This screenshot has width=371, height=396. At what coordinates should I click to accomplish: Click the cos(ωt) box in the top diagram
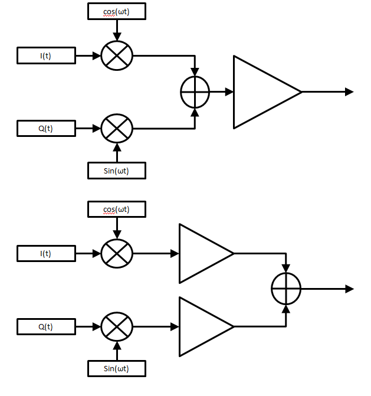point(116,11)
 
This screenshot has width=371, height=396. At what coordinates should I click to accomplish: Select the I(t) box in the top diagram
point(46,56)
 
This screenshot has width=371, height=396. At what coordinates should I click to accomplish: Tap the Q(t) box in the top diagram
point(46,128)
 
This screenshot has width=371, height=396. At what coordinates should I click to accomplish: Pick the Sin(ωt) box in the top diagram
point(116,171)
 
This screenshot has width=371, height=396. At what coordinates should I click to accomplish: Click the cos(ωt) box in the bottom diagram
point(116,209)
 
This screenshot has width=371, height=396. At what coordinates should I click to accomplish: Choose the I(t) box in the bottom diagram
point(46,254)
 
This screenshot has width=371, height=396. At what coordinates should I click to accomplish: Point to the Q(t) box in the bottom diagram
point(46,326)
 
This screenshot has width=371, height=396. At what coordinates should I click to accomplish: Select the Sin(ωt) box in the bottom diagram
point(116,369)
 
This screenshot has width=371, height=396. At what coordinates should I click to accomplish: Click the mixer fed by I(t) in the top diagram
point(117,56)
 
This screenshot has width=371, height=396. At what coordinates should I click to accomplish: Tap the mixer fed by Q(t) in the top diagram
point(117,128)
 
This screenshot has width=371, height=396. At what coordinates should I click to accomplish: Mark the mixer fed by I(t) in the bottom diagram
point(117,254)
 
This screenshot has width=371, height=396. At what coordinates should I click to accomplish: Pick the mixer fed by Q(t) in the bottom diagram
point(117,326)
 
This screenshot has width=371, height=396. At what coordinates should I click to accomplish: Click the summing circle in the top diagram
point(195,92)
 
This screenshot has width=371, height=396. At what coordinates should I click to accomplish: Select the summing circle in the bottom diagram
point(286,289)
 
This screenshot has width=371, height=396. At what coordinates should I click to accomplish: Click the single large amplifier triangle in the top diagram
point(260,92)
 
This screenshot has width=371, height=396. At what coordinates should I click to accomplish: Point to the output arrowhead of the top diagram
point(349,92)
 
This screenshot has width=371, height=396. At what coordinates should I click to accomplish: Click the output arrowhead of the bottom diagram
point(349,289)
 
